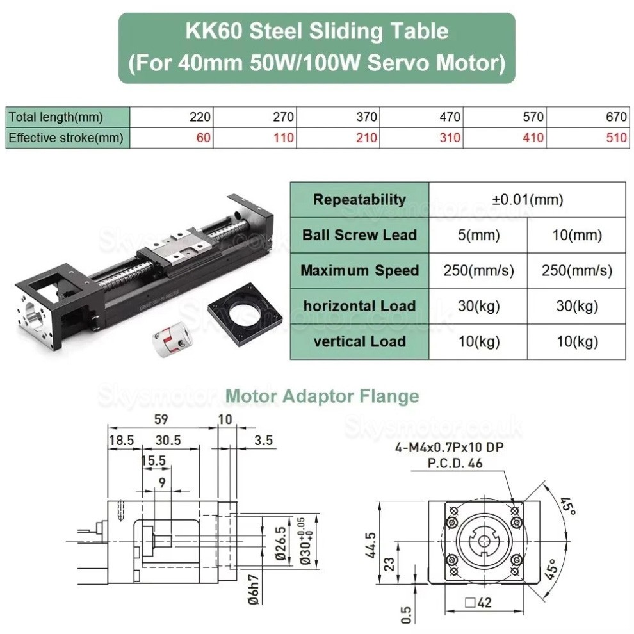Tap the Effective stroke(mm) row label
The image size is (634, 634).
[x=66, y=138]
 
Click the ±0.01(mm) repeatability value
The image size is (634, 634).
[x=528, y=199]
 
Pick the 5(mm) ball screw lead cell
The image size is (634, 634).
[x=478, y=235]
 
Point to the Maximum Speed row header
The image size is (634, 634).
[x=359, y=270]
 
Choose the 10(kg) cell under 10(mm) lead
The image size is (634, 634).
[x=577, y=342]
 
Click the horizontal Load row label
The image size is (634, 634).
[x=359, y=306]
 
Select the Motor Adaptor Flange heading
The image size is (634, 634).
[x=323, y=396]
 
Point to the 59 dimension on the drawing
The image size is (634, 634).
[x=163, y=420]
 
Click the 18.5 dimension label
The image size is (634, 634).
[x=121, y=441]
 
